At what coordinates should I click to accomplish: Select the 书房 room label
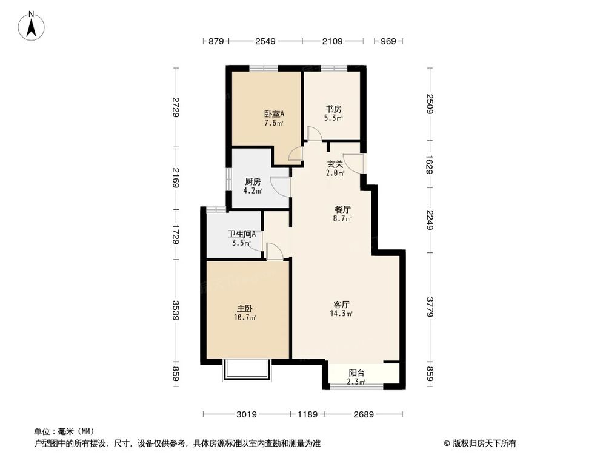333,109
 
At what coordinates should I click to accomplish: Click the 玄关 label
336,164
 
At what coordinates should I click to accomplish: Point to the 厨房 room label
253,181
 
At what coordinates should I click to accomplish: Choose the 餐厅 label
343,209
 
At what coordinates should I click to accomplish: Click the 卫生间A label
241,234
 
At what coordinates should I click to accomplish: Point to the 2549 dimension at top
265,41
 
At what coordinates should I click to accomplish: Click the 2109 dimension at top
333,41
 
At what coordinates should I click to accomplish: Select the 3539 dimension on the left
176,311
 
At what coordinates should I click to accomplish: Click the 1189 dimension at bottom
308,415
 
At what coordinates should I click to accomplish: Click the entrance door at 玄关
356,164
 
